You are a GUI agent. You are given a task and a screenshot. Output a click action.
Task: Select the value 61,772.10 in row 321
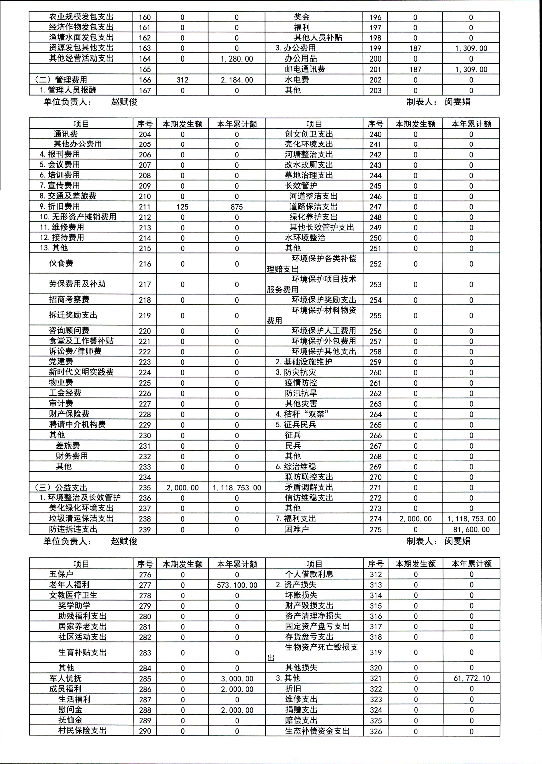click(x=471, y=678)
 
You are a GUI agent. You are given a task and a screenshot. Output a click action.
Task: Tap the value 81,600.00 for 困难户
click(x=471, y=529)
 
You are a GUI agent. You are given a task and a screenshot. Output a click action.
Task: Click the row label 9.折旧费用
click(x=60, y=206)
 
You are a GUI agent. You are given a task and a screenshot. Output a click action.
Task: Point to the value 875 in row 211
click(x=237, y=207)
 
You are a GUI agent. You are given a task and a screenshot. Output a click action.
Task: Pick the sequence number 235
click(x=145, y=487)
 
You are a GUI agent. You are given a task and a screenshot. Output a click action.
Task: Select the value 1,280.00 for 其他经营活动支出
click(x=237, y=59)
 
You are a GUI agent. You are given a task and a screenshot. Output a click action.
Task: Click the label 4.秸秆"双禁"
click(x=302, y=414)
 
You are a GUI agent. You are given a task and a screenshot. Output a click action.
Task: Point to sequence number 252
click(x=375, y=264)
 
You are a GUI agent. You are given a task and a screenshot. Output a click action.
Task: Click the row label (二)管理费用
click(x=61, y=80)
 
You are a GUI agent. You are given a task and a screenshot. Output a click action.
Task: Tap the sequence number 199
click(x=375, y=48)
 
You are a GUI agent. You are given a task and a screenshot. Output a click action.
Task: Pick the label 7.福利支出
click(x=296, y=519)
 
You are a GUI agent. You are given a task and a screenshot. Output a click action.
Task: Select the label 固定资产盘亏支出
click(x=317, y=626)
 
